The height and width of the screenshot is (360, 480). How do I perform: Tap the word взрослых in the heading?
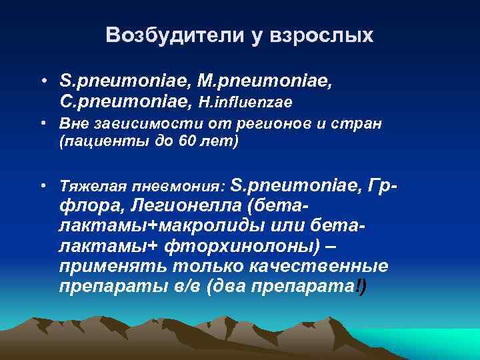point(323,37)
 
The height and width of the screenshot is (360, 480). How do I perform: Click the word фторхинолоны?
point(239,246)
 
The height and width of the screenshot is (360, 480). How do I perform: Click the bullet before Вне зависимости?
point(42,125)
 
